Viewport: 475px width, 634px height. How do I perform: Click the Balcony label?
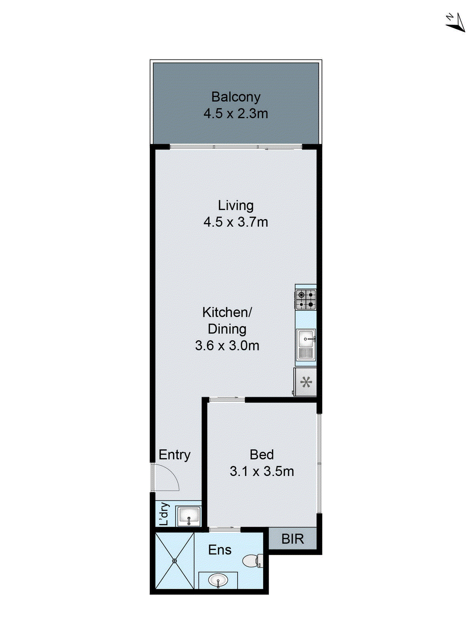pos(236,97)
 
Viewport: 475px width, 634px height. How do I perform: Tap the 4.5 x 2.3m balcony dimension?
pos(236,114)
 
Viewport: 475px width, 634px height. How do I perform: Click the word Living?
pos(236,206)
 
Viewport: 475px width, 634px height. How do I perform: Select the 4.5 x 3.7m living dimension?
pos(236,222)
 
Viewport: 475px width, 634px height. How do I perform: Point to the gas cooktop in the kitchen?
pos(306,300)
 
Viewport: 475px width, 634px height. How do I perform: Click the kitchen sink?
pos(306,339)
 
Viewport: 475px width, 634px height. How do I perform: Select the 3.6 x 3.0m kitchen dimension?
pos(227,346)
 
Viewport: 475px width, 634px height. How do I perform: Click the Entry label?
pos(174,455)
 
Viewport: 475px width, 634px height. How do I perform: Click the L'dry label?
pos(164,514)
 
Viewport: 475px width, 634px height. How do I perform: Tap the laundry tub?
pos(188,516)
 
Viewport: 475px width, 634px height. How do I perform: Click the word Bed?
pos(262,455)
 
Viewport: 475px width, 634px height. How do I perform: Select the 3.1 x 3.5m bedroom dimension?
pos(262,472)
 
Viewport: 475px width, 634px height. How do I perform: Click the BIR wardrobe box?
pos(293,539)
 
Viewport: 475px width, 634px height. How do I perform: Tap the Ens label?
pos(220,550)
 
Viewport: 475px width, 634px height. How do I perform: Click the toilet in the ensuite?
pos(252,560)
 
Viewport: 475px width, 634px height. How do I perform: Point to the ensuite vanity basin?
pos(218,581)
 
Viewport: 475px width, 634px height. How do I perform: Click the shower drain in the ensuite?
pos(174,561)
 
